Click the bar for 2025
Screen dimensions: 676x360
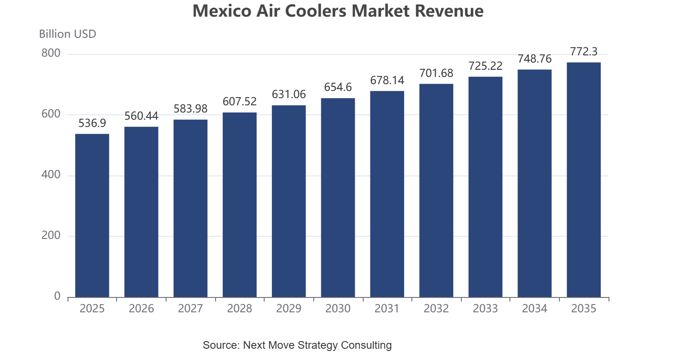point(92,216)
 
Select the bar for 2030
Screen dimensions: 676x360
point(338,198)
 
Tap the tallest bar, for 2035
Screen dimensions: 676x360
point(584,180)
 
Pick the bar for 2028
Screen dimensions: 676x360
point(239,205)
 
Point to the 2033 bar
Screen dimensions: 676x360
point(485,187)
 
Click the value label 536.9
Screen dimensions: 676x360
point(92,123)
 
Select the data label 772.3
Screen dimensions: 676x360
point(584,52)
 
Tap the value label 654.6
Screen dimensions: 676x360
point(338,87)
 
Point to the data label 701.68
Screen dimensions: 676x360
point(436,73)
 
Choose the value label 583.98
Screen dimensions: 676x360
point(190,108)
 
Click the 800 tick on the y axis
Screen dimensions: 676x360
point(51,53)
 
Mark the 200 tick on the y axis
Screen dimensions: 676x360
point(51,235)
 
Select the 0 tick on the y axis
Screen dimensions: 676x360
point(57,296)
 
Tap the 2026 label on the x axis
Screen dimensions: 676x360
point(141,309)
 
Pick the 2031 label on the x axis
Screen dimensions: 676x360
point(387,309)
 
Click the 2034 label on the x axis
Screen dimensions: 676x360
point(535,309)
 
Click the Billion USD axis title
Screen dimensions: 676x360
point(68,34)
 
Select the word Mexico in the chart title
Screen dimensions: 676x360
point(222,11)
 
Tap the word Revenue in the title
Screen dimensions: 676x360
point(449,11)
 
